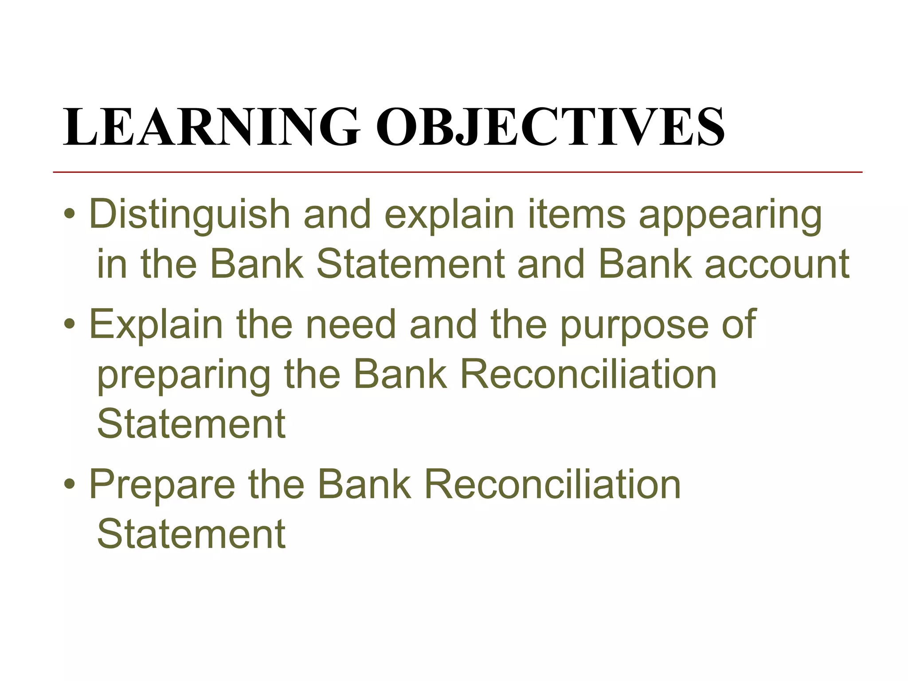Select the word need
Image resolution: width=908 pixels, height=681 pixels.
tap(350, 325)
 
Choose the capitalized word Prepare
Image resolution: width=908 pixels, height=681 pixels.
tap(162, 485)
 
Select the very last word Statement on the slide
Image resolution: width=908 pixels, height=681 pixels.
tap(191, 534)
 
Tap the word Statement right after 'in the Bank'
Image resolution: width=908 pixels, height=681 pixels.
tap(411, 265)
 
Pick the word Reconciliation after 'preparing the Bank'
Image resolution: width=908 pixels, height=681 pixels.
tap(588, 375)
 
